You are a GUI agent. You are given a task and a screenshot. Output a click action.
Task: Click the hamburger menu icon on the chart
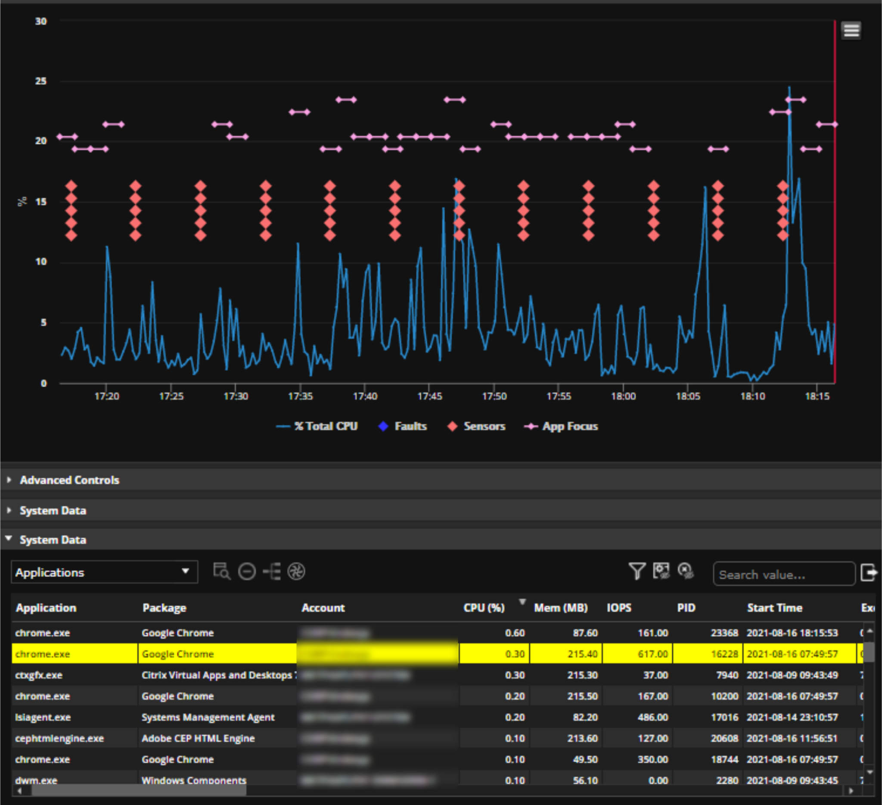click(x=851, y=31)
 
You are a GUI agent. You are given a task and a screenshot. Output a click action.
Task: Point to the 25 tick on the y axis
click(x=40, y=81)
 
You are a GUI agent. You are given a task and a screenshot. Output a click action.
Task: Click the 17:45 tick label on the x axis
click(x=429, y=396)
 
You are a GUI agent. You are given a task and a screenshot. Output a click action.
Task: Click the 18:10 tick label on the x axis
click(x=752, y=396)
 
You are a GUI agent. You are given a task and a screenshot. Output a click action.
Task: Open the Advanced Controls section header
click(x=69, y=480)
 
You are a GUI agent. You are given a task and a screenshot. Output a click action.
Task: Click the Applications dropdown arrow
click(x=185, y=571)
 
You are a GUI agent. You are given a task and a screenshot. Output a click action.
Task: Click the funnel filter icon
click(x=637, y=571)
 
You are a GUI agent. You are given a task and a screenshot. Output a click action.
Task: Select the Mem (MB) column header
click(x=560, y=608)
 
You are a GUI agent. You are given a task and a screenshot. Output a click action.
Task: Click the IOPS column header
click(x=618, y=608)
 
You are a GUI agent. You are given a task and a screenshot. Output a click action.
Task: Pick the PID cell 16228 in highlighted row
click(x=724, y=654)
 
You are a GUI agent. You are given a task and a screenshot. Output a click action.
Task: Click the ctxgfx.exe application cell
click(x=39, y=675)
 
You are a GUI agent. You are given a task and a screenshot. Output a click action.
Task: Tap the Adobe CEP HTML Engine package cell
click(x=198, y=739)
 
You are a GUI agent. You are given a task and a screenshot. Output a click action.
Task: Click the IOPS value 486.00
click(x=652, y=718)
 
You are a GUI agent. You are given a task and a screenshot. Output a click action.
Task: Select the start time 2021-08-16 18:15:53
click(x=792, y=633)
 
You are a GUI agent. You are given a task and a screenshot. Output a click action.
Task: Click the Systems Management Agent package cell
click(x=208, y=718)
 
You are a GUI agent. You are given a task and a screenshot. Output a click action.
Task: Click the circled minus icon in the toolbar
click(x=247, y=572)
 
